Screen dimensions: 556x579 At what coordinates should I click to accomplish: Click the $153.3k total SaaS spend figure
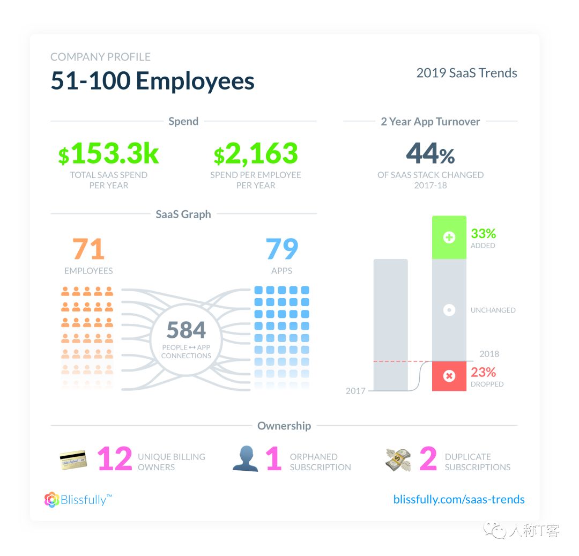[x=109, y=154]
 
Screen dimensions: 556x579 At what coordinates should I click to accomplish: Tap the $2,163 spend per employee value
[x=256, y=154]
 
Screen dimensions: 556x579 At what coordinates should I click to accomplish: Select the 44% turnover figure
[x=430, y=154]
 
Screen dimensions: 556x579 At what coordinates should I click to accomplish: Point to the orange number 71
[x=88, y=249]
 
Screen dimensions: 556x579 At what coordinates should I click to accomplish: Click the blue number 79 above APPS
[x=282, y=249]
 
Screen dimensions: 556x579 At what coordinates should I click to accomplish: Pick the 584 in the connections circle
[x=186, y=330]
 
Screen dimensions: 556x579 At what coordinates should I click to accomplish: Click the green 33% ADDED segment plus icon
[x=449, y=238]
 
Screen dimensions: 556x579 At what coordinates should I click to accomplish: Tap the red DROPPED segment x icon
[x=449, y=376]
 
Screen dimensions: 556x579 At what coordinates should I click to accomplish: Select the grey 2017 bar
[x=390, y=324]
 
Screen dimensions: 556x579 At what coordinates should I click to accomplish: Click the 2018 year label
[x=489, y=354]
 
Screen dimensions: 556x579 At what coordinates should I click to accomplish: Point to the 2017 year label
[x=355, y=391]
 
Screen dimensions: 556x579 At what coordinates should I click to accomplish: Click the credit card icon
[x=73, y=460]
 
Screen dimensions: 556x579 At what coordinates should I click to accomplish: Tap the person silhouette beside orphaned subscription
[x=245, y=459]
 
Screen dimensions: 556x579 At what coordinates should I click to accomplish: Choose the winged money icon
[x=398, y=460]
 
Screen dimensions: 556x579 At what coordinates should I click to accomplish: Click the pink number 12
[x=114, y=460]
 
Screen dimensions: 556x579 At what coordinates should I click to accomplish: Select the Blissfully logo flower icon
[x=52, y=500]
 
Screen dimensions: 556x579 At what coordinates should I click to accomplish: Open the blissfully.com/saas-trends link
[x=459, y=499]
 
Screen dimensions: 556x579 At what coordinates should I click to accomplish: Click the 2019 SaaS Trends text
[x=466, y=73]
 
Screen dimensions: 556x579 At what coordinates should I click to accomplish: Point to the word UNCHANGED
[x=493, y=310]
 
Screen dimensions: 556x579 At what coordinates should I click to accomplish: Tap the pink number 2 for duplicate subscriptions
[x=428, y=460]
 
